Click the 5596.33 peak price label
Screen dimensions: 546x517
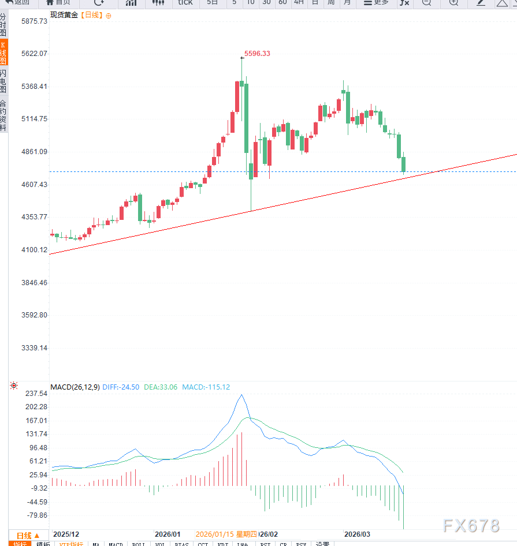(x=257, y=54)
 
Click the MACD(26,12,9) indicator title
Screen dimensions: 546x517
(x=75, y=387)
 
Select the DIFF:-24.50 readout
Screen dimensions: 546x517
(x=121, y=387)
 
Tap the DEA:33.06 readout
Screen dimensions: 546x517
(x=161, y=387)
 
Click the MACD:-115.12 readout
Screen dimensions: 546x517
(x=206, y=387)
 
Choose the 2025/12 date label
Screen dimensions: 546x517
(x=66, y=534)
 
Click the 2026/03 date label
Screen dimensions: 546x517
(x=356, y=534)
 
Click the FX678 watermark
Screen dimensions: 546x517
(x=471, y=526)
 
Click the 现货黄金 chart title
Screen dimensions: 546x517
(x=64, y=15)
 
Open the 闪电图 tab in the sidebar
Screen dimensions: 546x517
(x=3, y=81)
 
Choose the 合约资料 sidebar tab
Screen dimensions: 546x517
(x=3, y=115)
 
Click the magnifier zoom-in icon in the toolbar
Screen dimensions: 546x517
(x=453, y=3)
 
